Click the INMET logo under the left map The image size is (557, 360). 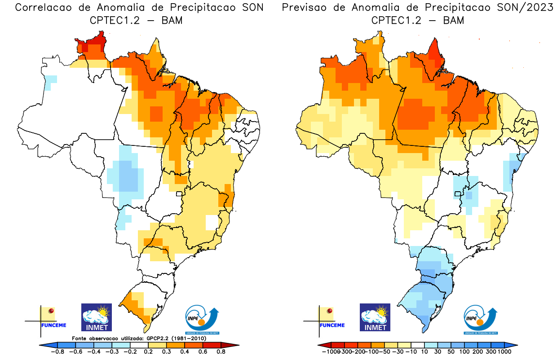[96, 317]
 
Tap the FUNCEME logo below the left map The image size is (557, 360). [48, 320]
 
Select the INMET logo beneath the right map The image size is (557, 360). [375, 317]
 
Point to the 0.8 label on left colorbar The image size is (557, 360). [221, 352]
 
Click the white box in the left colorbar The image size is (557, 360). [139, 345]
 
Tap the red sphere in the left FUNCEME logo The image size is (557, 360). [51, 311]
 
